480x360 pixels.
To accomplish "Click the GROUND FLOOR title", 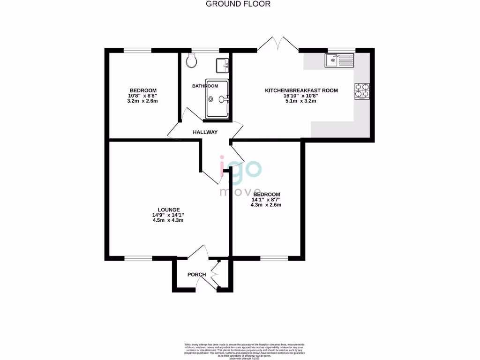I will [239, 4].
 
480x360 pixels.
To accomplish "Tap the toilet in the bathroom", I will [191, 60].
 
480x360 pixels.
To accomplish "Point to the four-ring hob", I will [362, 90].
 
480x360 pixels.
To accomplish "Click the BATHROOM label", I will [205, 86].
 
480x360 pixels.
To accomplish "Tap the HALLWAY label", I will [205, 132].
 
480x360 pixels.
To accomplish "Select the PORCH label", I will [196, 275].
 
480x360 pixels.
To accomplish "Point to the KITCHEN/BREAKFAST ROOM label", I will [301, 90].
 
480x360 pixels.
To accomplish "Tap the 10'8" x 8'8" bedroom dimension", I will [143, 96].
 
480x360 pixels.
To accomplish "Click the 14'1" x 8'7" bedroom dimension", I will [266, 200].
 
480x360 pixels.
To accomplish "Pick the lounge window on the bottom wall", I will [138, 257].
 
